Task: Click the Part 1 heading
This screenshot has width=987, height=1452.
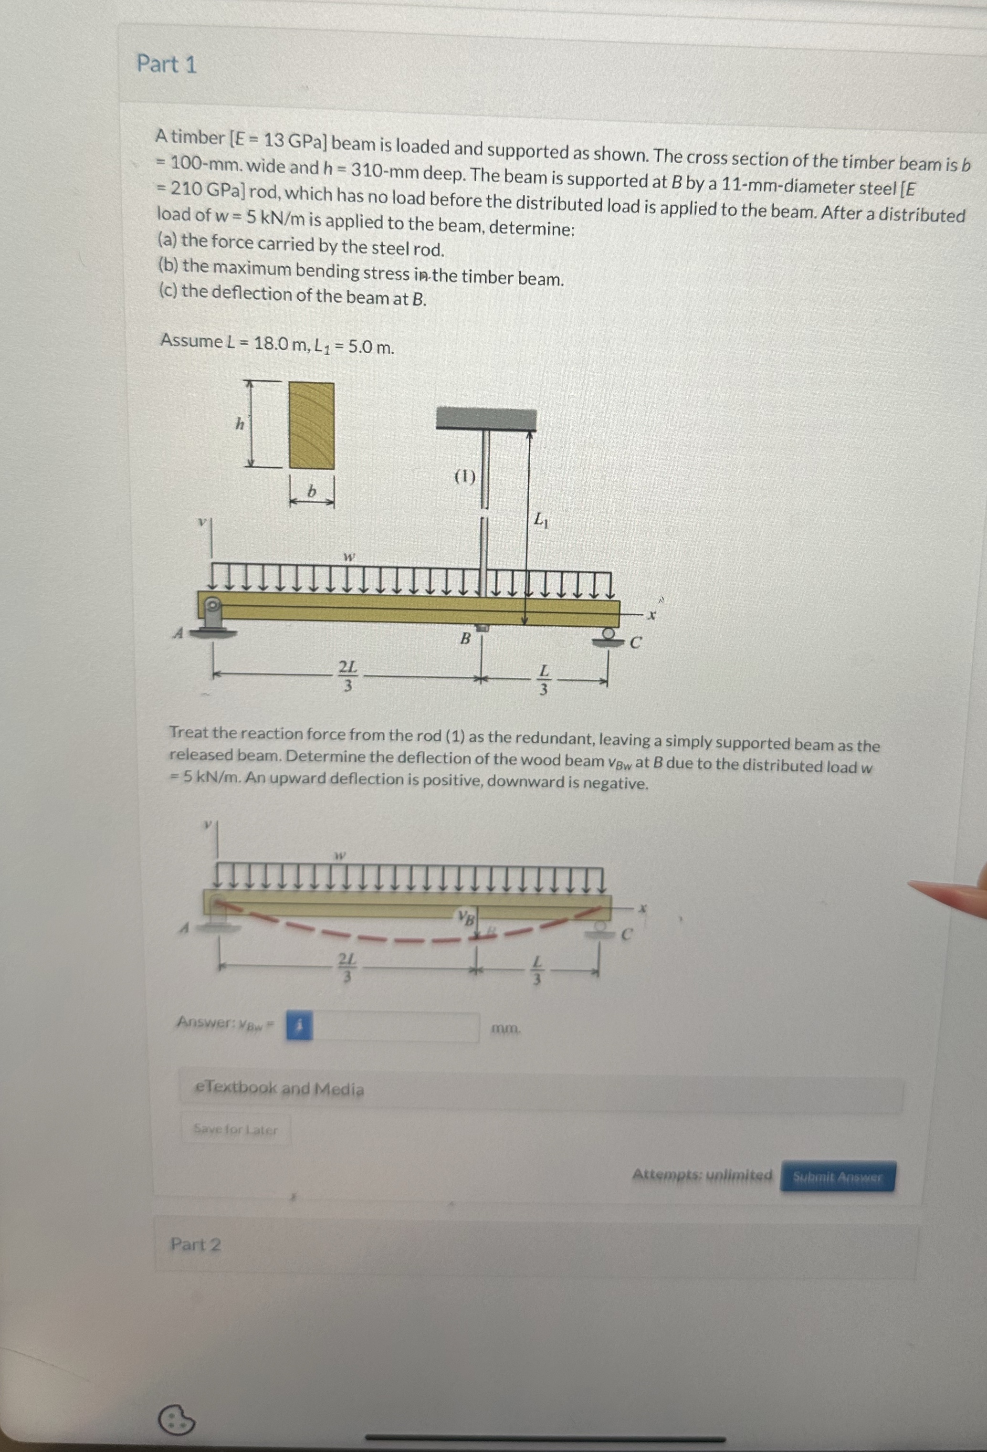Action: [x=167, y=64]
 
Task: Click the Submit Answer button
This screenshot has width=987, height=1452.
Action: [x=837, y=1177]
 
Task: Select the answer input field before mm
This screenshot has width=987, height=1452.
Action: [x=396, y=1027]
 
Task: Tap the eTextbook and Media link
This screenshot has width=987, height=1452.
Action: [x=279, y=1088]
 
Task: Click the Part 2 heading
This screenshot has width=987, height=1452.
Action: [x=196, y=1244]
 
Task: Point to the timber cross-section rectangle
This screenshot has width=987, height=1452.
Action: [x=311, y=425]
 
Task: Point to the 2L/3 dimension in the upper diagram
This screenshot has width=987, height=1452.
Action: [x=348, y=675]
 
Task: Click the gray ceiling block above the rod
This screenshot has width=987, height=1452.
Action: [x=485, y=419]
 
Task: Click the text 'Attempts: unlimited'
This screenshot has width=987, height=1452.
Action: [x=702, y=1175]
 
